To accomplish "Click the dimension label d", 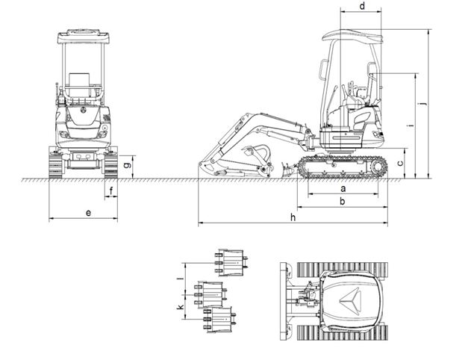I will [x=362, y=7].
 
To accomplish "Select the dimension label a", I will [x=342, y=188].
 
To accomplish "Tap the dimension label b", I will [x=342, y=202].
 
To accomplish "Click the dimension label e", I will [x=88, y=214].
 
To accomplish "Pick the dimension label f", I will [x=112, y=192].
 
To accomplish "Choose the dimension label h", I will [x=293, y=217].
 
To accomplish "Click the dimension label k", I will [x=180, y=306].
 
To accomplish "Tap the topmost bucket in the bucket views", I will [x=230, y=261].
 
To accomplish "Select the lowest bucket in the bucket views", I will [x=222, y=320].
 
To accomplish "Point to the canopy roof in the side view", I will [x=352, y=34].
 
